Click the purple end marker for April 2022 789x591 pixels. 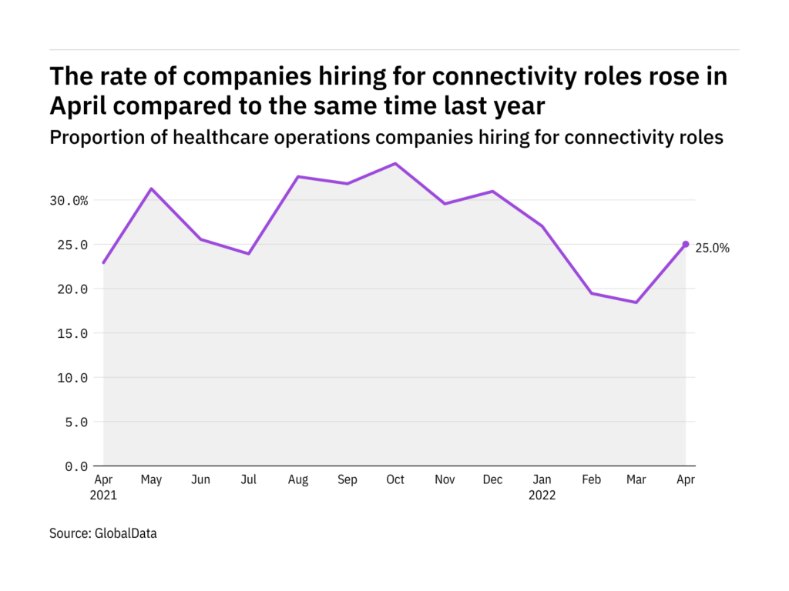(686, 244)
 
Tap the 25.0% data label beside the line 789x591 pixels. (712, 249)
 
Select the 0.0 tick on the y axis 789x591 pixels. (77, 466)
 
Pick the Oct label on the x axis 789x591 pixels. (395, 480)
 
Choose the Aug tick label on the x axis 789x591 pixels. (298, 480)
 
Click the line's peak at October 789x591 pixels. (395, 163)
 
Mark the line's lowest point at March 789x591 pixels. (636, 302)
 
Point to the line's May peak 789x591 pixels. (152, 189)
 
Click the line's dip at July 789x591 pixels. (249, 254)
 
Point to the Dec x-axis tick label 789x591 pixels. (492, 480)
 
